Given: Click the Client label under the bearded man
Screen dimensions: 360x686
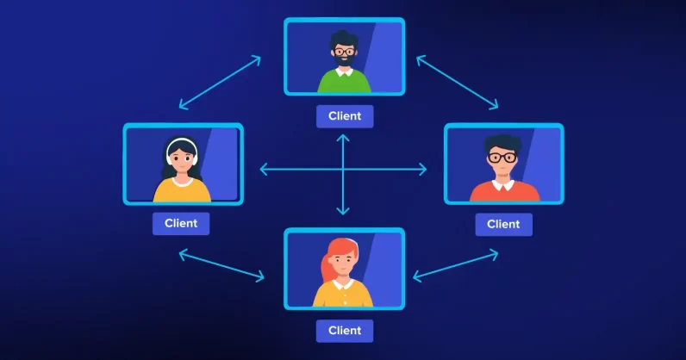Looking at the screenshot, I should coord(345,116).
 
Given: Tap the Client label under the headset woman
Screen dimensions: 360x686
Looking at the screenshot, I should coord(181,223).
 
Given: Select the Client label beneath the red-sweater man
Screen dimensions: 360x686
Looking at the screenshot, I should coord(503,224).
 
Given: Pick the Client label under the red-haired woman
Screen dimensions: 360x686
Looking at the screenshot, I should coord(345,330).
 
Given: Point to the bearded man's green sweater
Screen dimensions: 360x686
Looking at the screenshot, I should coord(345,82).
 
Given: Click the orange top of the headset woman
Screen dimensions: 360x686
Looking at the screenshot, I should coord(182,190).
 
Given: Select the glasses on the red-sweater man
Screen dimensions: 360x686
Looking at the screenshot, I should coord(502,158).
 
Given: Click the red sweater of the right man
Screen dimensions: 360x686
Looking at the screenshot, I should coord(504,192).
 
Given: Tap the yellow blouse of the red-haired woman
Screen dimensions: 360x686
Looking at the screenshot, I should coord(344,295).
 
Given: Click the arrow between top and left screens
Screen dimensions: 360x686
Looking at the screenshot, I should coord(220,83).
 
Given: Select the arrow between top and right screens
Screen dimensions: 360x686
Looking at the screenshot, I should coord(458,83).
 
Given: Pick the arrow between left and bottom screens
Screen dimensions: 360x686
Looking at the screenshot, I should coord(221,265).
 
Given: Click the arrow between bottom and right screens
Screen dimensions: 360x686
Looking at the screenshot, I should coord(456,264).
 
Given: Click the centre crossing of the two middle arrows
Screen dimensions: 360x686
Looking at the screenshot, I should coord(344,170).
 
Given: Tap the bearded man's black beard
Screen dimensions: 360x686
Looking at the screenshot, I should coord(345,62).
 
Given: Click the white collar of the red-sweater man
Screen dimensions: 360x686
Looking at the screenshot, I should coord(503,183).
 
